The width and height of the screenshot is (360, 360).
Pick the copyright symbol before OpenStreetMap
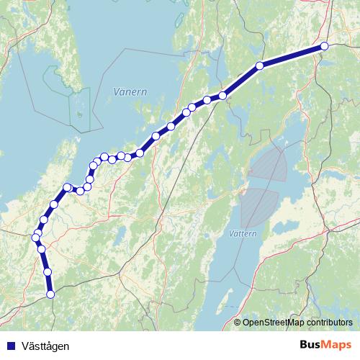(238, 323)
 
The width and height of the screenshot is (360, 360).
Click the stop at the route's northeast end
(324, 46)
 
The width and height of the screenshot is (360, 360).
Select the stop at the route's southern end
(50, 294)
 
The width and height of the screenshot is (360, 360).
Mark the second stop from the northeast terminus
(259, 66)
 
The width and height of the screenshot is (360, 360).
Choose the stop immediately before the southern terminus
(48, 271)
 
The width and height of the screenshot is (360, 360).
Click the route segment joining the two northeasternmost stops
(292, 55)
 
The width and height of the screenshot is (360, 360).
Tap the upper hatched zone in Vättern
(269, 164)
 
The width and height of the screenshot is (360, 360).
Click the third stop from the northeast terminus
(223, 95)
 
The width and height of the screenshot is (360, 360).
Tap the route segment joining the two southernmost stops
(49, 283)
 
